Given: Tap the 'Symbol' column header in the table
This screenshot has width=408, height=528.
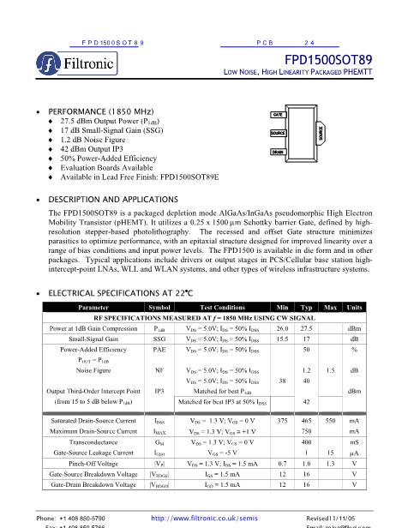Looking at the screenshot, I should point(159,306).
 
